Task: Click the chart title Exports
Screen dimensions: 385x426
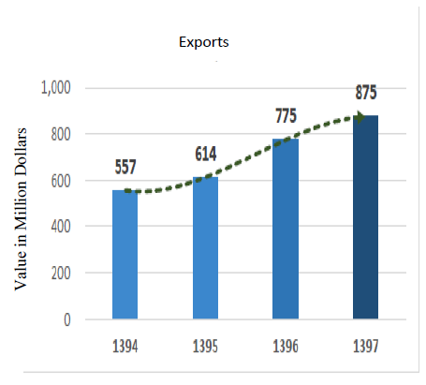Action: (203, 42)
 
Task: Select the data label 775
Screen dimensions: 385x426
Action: (286, 116)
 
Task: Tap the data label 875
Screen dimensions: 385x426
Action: (366, 94)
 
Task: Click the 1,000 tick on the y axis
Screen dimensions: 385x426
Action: (57, 88)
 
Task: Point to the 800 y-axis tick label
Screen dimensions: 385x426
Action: (63, 134)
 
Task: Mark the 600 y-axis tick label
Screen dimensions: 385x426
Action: (63, 180)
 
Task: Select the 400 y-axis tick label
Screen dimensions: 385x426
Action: (63, 227)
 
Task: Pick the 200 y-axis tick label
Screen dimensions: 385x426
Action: (63, 273)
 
